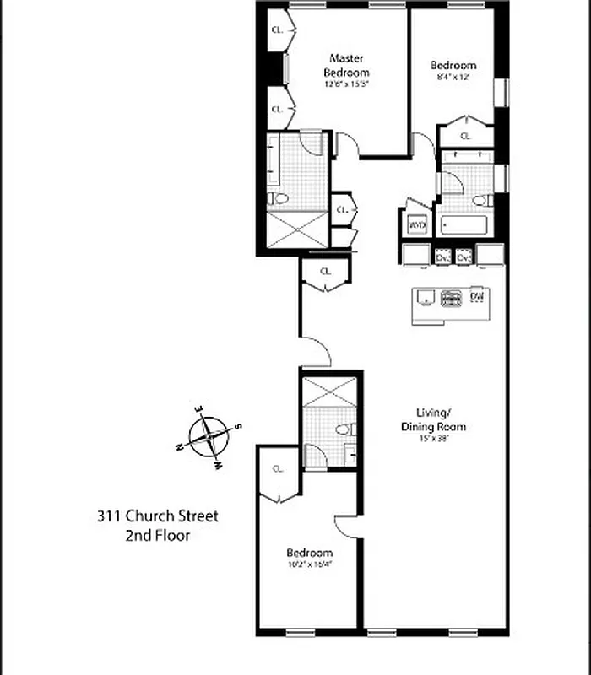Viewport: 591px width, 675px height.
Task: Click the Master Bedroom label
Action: pyautogui.click(x=346, y=65)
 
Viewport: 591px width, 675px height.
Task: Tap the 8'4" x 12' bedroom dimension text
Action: pyautogui.click(x=453, y=77)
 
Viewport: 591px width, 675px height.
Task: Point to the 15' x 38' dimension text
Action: pyautogui.click(x=433, y=438)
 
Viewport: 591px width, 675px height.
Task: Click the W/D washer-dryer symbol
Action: pyautogui.click(x=417, y=225)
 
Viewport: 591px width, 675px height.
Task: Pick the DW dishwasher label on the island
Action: pyautogui.click(x=477, y=296)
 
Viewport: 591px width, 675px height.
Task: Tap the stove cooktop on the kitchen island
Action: pyautogui.click(x=453, y=297)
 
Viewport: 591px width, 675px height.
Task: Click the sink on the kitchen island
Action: pyautogui.click(x=427, y=298)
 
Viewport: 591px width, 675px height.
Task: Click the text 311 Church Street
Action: pyautogui.click(x=157, y=516)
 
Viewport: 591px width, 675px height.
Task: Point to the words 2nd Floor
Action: pyautogui.click(x=157, y=536)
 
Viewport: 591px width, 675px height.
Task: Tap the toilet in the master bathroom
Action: pyautogui.click(x=278, y=199)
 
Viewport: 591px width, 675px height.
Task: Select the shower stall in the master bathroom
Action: pyautogui.click(x=297, y=229)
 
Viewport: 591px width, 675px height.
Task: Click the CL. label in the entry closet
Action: pyautogui.click(x=324, y=272)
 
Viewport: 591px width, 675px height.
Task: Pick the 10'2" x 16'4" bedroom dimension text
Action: pyautogui.click(x=309, y=565)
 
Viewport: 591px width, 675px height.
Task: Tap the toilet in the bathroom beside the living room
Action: pyautogui.click(x=344, y=429)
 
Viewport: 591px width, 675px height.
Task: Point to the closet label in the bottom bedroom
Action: pyautogui.click(x=278, y=469)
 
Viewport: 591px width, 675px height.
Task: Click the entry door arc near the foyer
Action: pyautogui.click(x=316, y=351)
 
